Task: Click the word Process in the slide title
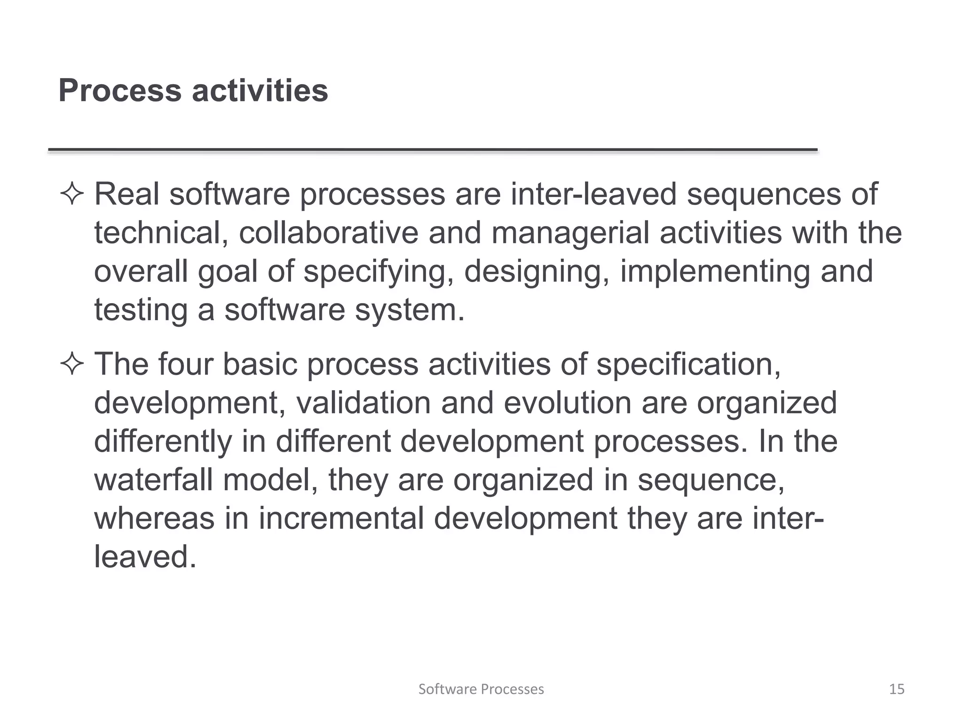pos(120,90)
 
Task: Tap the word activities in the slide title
pos(260,90)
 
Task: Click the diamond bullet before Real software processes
pos(72,194)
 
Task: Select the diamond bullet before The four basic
pos(72,364)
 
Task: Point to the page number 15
pos(897,689)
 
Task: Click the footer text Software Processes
pos(481,689)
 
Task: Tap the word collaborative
pos(328,233)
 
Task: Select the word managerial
pos(570,234)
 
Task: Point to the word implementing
pos(715,272)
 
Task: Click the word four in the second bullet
pos(185,364)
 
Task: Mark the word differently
pos(163,441)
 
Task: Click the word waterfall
pos(153,480)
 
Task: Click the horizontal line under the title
pos(433,150)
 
